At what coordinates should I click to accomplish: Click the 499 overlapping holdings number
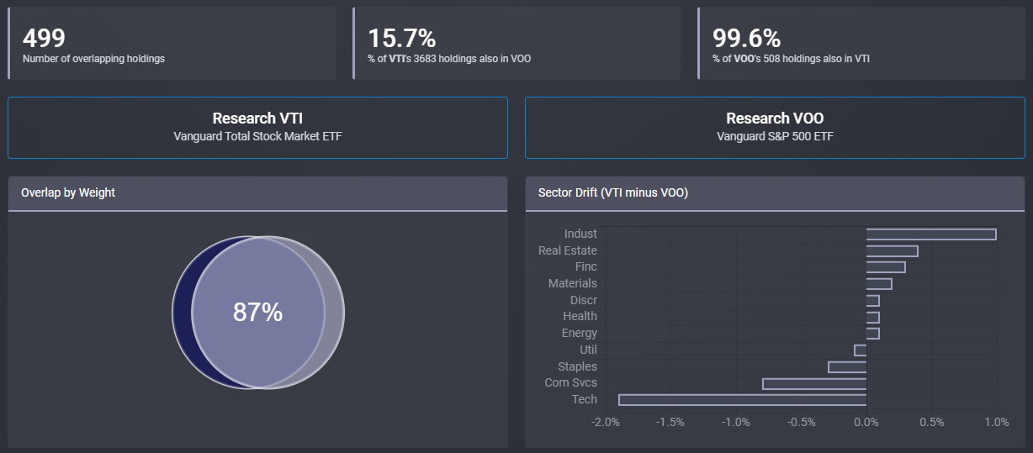(x=44, y=38)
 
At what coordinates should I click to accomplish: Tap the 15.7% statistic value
(x=401, y=38)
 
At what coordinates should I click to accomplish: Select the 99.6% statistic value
(x=746, y=38)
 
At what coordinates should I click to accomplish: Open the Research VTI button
(x=257, y=127)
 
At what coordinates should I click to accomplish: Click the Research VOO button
(x=775, y=127)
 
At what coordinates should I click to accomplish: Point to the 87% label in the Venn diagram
(x=257, y=313)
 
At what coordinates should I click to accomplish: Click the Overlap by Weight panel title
(x=68, y=192)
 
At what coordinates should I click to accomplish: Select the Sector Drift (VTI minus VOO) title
(x=612, y=192)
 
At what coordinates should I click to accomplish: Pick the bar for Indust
(x=930, y=234)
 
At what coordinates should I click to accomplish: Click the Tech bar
(x=742, y=399)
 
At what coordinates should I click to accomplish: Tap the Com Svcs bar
(x=814, y=383)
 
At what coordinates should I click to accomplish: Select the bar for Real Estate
(x=892, y=250)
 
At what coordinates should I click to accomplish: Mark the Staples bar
(x=847, y=366)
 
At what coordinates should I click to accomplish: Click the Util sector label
(x=588, y=350)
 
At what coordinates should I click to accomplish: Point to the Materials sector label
(x=572, y=283)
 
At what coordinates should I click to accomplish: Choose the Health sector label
(x=580, y=316)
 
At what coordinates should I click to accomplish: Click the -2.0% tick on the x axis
(x=606, y=422)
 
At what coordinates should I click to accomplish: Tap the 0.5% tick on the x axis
(x=931, y=422)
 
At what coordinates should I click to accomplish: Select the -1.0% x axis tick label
(x=735, y=422)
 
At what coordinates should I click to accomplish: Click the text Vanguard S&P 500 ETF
(x=775, y=136)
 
